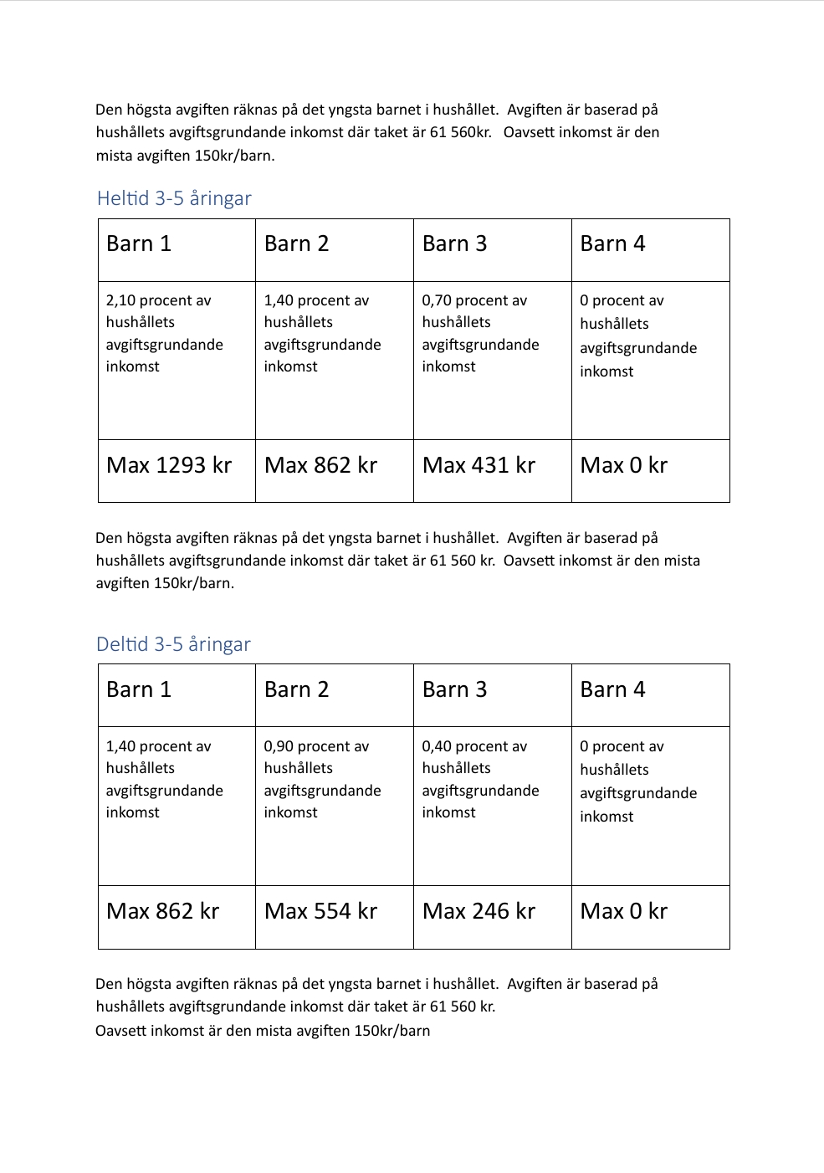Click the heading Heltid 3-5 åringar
tap(174, 198)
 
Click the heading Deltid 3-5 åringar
tap(173, 644)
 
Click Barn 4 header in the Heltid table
tap(612, 243)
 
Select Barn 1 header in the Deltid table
tap(139, 689)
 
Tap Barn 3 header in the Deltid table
tap(454, 689)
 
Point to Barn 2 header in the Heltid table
tap(296, 243)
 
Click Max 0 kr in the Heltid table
tap(623, 465)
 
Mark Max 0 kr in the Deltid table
tap(623, 911)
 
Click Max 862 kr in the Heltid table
tap(320, 465)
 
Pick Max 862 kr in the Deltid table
tap(162, 911)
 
